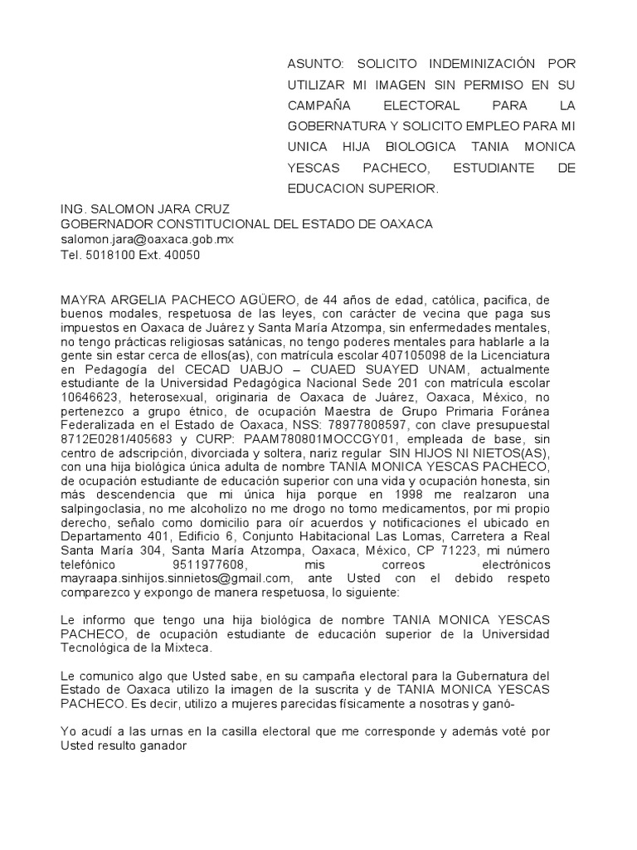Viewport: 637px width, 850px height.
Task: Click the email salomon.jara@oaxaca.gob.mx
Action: point(148,239)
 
